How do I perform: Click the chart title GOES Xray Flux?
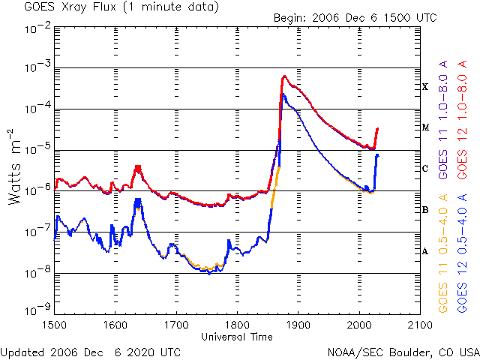pos(70,7)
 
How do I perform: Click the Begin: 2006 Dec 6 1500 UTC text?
pos(355,18)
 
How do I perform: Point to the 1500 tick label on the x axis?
pos(55,325)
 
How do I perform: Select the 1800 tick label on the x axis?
pos(237,325)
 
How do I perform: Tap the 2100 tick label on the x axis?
pos(420,325)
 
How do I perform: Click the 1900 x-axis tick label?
pos(298,325)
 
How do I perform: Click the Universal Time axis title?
pos(237,337)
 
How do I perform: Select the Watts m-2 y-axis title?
pos(15,166)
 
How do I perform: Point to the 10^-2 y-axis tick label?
pos(38,30)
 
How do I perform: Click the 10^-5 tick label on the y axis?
pos(38,150)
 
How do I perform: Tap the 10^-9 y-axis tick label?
pos(38,309)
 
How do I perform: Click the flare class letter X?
pos(425,87)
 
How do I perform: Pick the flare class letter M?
pos(425,127)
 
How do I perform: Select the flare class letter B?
pos(425,210)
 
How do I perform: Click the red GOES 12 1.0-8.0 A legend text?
pos(462,120)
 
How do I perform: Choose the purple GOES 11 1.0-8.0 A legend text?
pos(443,120)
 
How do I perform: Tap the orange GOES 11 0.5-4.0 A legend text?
pos(443,253)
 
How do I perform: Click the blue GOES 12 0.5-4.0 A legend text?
pos(462,253)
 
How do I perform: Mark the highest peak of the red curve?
pos(284,76)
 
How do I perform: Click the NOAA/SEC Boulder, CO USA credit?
pos(403,352)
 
